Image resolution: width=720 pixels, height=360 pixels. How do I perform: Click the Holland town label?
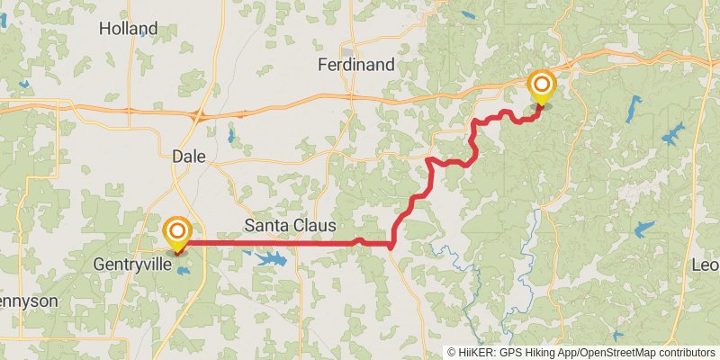128,29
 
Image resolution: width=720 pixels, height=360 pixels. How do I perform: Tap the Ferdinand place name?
356,65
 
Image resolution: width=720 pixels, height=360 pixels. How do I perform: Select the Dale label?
189,157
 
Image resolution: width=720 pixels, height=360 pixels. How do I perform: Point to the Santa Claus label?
290,225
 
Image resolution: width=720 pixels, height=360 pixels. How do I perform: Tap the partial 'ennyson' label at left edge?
29,301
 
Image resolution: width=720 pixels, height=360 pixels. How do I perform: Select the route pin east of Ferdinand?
542,88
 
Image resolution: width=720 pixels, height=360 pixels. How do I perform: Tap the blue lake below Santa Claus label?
270,259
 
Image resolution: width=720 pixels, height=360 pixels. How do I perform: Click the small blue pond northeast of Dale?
232,137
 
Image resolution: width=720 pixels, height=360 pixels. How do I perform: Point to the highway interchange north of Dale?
199,114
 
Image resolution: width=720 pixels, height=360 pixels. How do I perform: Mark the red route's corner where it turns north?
392,245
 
